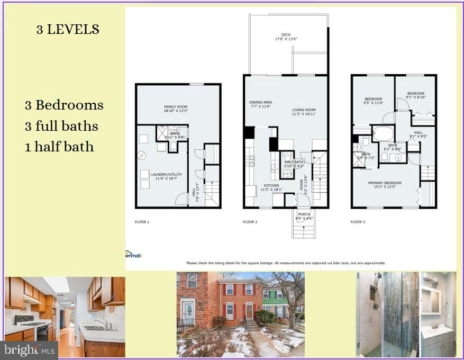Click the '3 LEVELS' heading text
(x=67, y=30)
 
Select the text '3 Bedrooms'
(x=64, y=105)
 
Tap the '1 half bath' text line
(x=59, y=147)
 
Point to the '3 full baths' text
(x=61, y=126)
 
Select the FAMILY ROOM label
(x=176, y=109)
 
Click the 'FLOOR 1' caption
(x=141, y=222)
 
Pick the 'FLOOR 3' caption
(x=358, y=222)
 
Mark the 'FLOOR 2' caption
(x=250, y=222)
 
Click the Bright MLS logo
(x=30, y=350)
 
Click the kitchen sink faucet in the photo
(x=99, y=322)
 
